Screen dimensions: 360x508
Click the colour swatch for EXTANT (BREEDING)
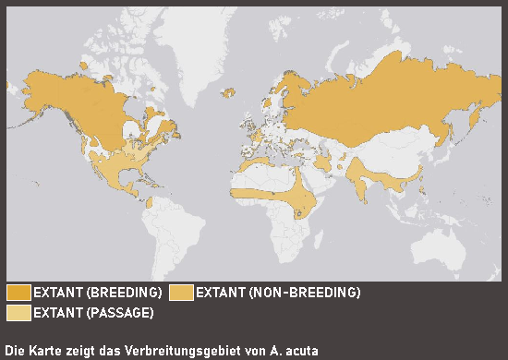[18, 293]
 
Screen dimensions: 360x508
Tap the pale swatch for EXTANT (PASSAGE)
[18, 313]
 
